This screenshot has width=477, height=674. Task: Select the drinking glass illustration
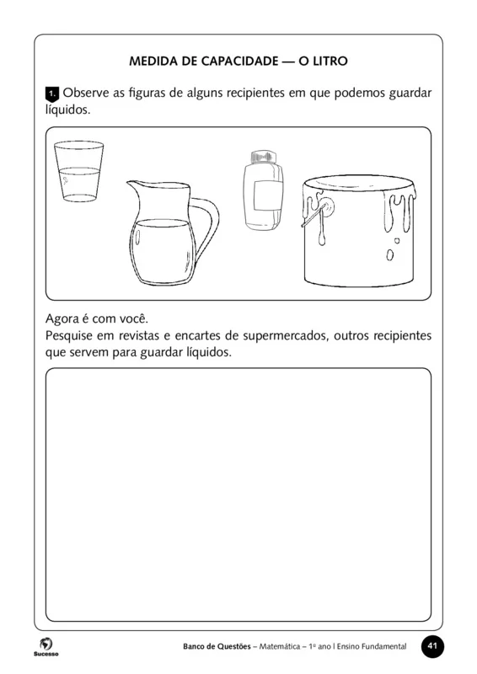coord(78,172)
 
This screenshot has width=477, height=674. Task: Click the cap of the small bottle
coord(262,158)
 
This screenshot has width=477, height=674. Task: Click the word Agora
coord(67,318)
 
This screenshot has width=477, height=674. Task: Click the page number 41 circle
coord(432,645)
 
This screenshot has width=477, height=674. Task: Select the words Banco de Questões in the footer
coord(217,646)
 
